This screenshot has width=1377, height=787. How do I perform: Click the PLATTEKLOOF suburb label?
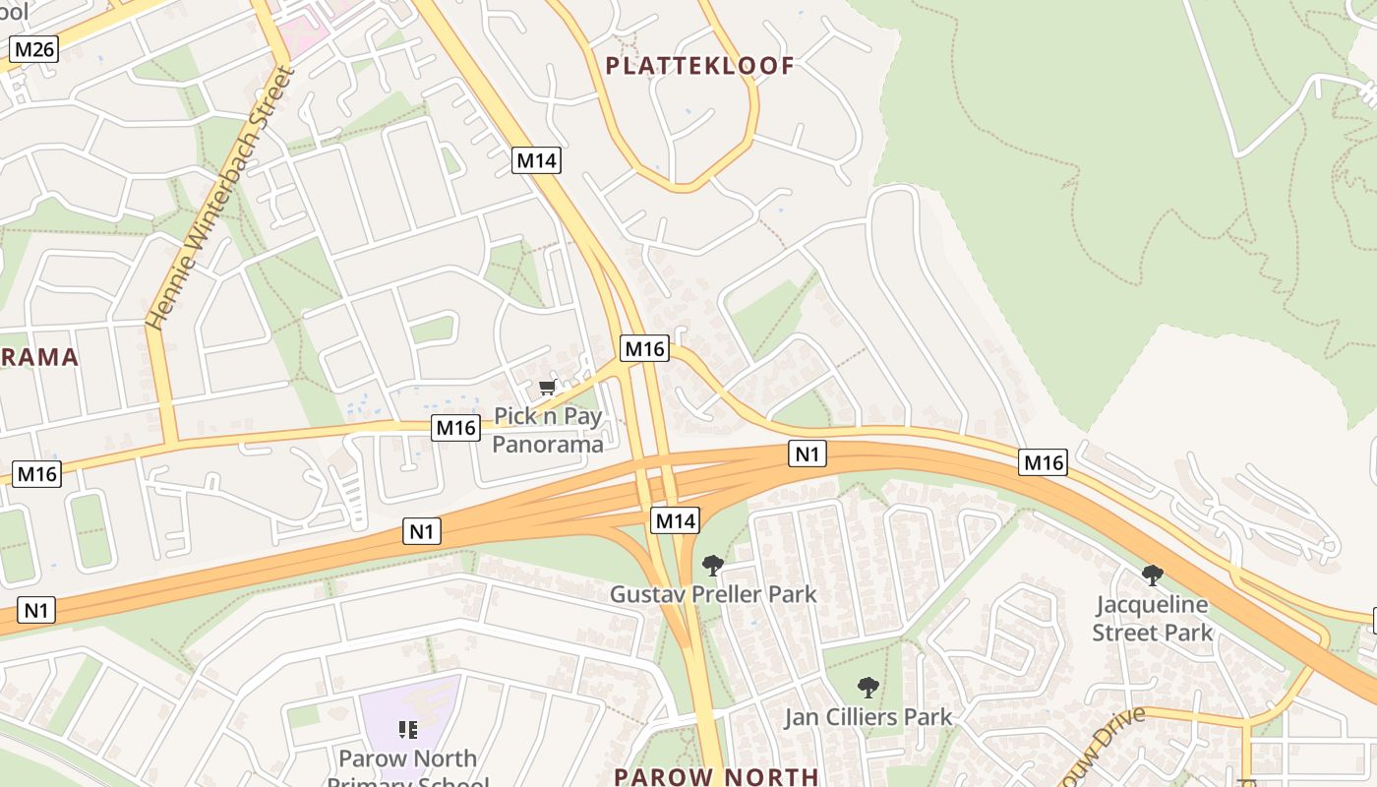point(699,66)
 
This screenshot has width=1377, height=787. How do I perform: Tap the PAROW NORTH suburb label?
point(715,776)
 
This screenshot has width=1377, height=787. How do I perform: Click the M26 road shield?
point(34,49)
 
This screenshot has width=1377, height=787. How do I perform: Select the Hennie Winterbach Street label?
point(219,197)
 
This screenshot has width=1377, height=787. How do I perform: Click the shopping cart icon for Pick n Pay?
point(548,387)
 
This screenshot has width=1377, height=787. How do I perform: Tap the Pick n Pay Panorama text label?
point(547,430)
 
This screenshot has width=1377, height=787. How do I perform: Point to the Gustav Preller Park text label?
point(712,594)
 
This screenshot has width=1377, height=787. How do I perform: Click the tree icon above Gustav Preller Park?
point(712,566)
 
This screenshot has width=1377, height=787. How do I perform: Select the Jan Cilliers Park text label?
point(868,717)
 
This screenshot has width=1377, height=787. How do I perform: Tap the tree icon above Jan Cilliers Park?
point(868,688)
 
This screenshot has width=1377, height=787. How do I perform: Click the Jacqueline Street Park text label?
point(1152,618)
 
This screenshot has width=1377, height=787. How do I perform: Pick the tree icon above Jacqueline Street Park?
point(1152,575)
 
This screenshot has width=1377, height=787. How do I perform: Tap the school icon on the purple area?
point(407,730)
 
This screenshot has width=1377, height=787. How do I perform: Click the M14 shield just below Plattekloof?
point(536,160)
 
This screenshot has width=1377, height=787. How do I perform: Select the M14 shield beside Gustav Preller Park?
point(676,520)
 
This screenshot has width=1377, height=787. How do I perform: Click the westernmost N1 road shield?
point(35,610)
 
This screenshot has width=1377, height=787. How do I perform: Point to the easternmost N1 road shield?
point(807,454)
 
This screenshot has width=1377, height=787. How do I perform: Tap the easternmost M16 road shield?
point(1043,462)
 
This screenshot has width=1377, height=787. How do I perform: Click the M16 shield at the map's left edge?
point(37,474)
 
